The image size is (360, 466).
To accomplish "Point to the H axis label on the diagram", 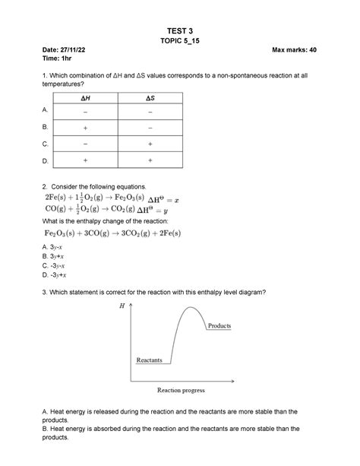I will tap(122, 306).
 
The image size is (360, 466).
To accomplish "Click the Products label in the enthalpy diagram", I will tap(219, 325).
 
